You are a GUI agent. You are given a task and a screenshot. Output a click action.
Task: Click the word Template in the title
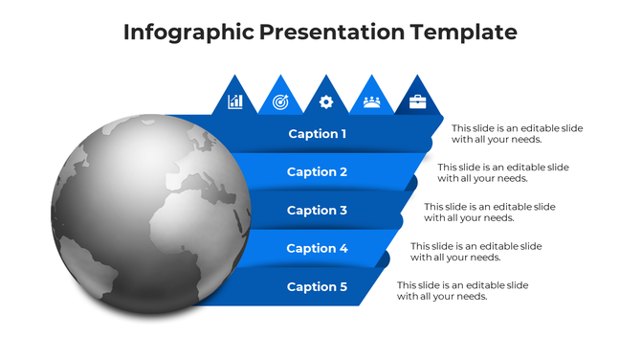pyautogui.click(x=463, y=33)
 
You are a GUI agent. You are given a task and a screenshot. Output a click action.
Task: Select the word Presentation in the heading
pyautogui.click(x=332, y=33)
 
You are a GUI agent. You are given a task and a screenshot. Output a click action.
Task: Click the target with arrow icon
pyautogui.click(x=280, y=101)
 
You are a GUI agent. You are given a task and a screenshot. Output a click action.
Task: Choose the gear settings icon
pyautogui.click(x=326, y=101)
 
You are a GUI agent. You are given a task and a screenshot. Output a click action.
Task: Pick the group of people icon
pyautogui.click(x=371, y=101)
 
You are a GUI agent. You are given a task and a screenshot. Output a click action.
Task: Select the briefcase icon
pyautogui.click(x=417, y=101)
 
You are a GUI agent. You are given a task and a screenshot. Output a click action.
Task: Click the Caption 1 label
pyautogui.click(x=318, y=134)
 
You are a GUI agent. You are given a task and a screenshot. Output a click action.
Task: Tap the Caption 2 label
pyautogui.click(x=318, y=172)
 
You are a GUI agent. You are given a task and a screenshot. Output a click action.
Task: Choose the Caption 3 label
pyautogui.click(x=318, y=211)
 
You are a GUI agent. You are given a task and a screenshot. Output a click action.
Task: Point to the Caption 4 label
pyautogui.click(x=318, y=249)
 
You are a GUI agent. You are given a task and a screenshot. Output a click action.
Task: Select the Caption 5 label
pyautogui.click(x=318, y=287)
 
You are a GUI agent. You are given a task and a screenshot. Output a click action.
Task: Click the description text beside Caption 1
pyautogui.click(x=517, y=134)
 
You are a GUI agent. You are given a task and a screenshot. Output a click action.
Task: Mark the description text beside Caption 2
pyautogui.click(x=503, y=173)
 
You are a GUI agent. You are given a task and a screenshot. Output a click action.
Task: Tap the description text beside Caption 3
pyautogui.click(x=490, y=213)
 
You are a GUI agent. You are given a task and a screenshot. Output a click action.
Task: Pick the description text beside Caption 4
pyautogui.click(x=476, y=252)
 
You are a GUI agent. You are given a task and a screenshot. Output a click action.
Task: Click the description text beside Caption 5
pyautogui.click(x=463, y=291)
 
